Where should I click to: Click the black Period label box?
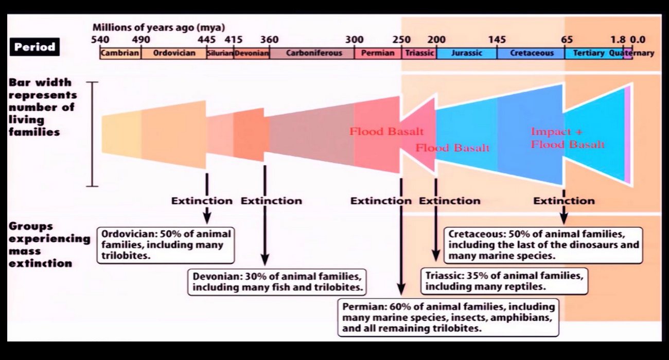pos(34,47)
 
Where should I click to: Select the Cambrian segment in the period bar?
pos(120,53)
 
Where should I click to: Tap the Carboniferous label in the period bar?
pos(314,53)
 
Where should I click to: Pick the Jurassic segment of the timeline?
pos(467,53)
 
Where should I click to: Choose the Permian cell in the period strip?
pos(378,53)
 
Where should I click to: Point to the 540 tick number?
pos(100,40)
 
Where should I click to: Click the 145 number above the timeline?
pos(497,40)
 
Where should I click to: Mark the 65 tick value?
pos(567,40)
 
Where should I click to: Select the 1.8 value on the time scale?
pos(618,40)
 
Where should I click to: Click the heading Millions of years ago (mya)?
pos(159,27)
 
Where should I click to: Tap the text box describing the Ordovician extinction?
pos(166,245)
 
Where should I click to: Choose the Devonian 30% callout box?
pos(277,282)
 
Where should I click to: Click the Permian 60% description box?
pos(448,318)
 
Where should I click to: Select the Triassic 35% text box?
pos(504,281)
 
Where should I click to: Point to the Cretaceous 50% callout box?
pos(543,245)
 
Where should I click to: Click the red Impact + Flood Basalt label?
pos(568,138)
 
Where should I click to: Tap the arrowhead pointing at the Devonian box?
pos(265,259)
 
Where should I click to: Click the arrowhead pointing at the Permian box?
pos(401,289)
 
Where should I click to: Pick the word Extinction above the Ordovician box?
pos(202,201)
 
